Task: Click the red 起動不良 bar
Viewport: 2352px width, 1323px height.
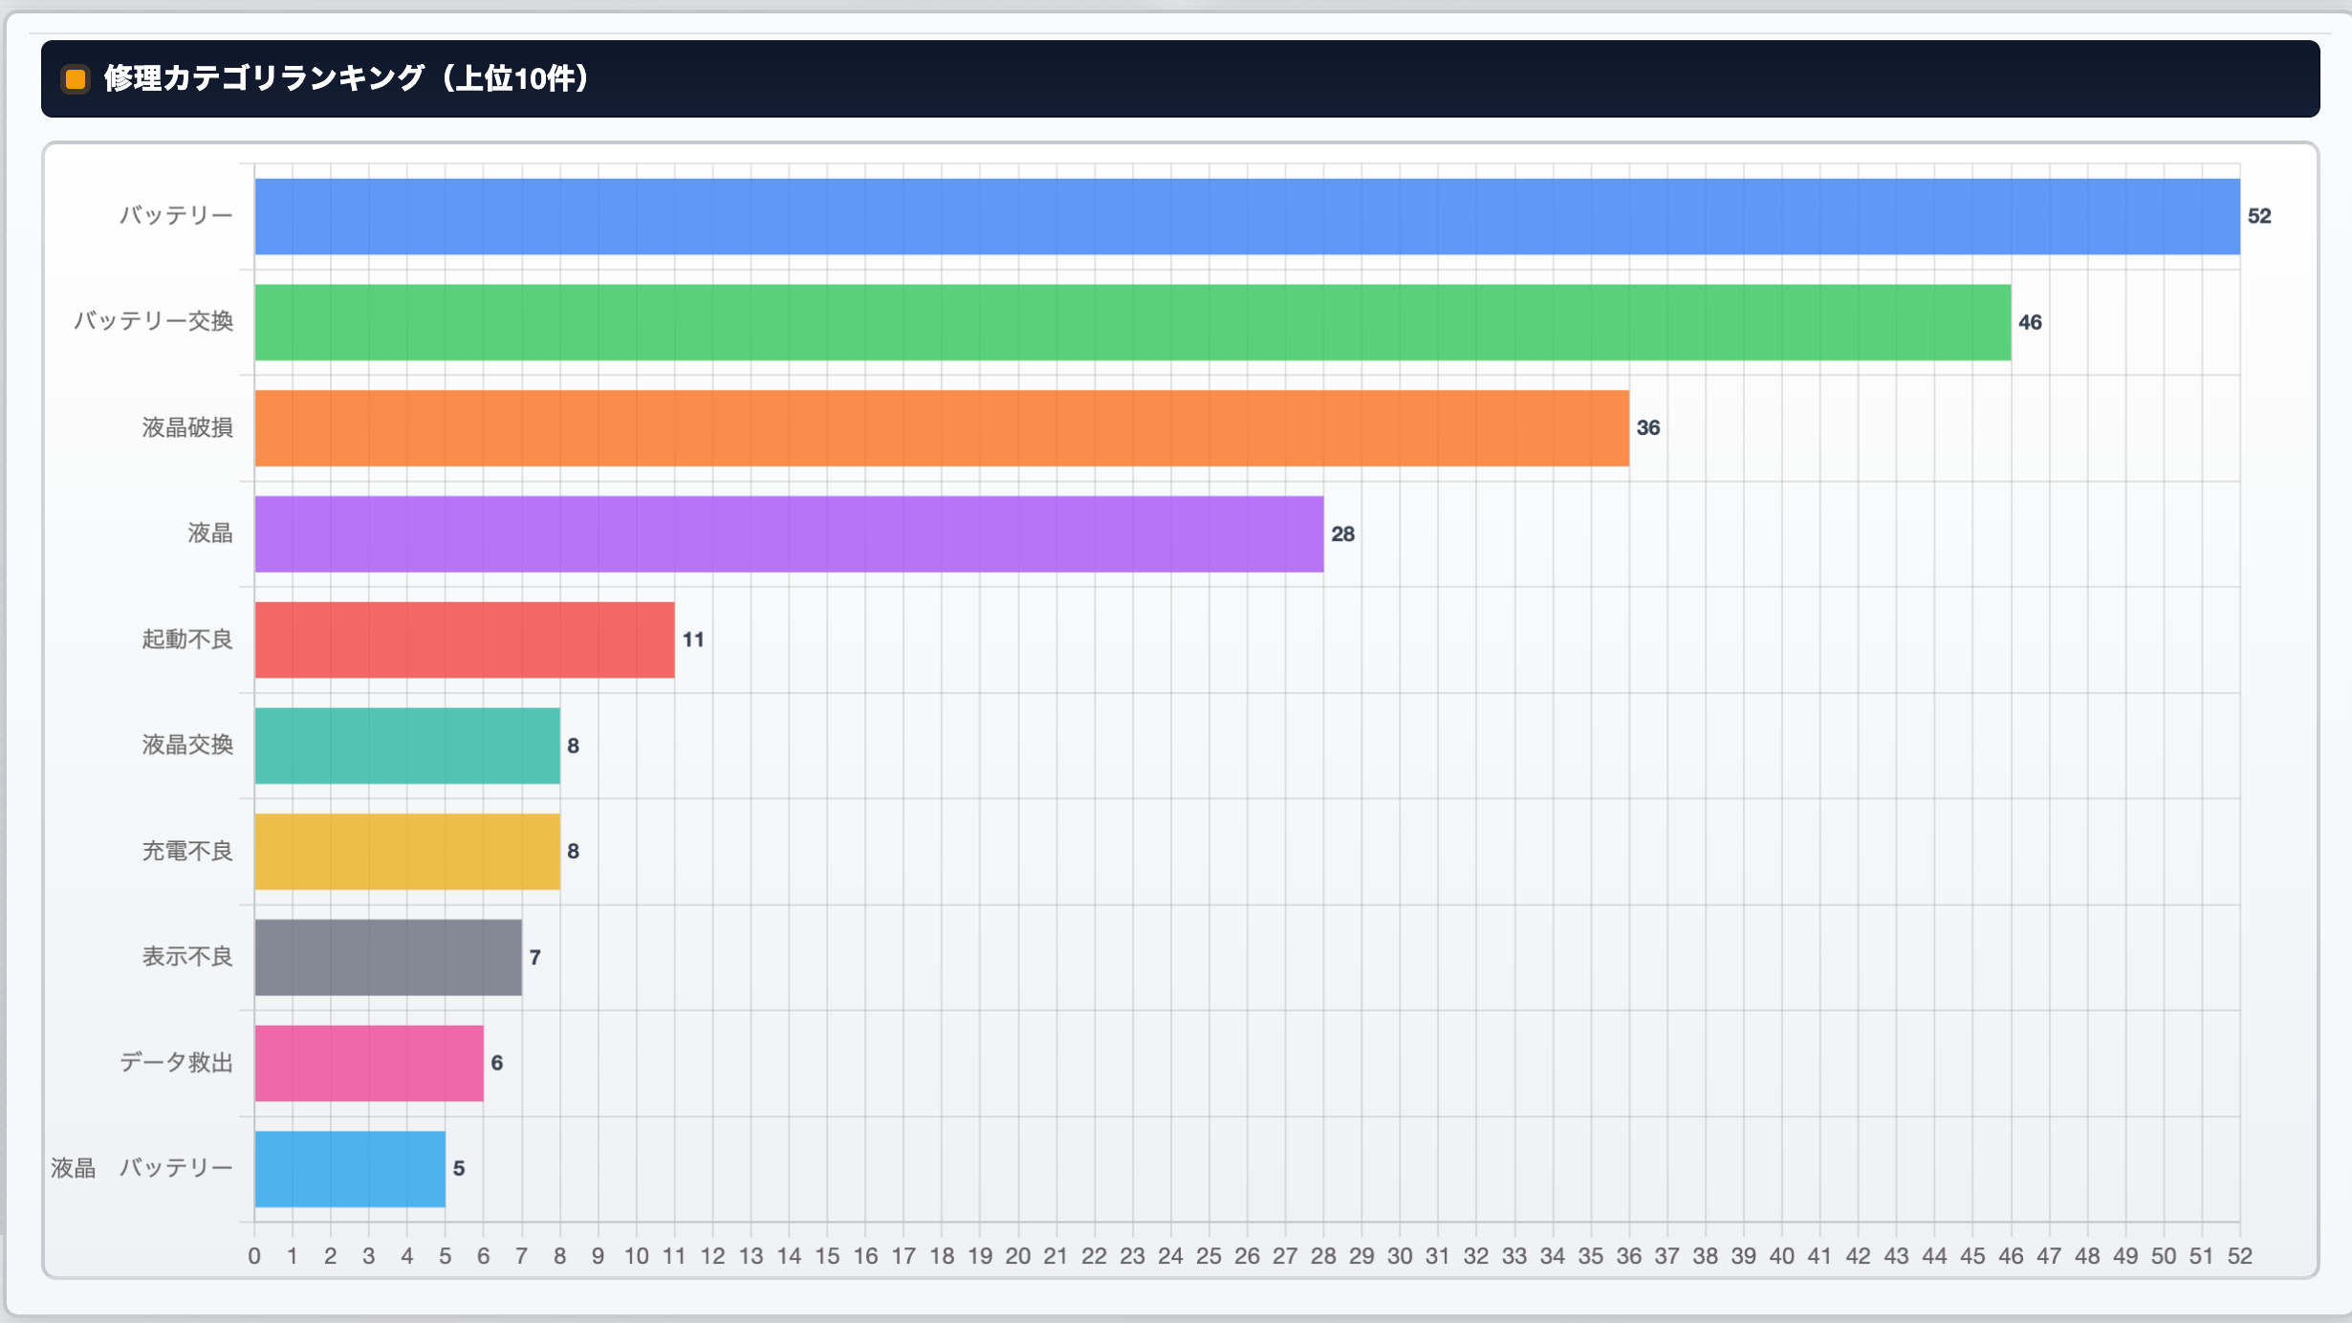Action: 465,640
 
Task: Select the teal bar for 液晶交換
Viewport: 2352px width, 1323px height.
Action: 407,746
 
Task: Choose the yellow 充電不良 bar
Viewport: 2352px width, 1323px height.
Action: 407,851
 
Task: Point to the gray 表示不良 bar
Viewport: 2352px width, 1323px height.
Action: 388,957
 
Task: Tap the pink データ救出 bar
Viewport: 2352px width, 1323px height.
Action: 369,1063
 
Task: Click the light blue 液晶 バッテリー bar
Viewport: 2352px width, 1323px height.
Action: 350,1168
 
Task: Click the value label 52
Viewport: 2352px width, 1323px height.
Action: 2259,216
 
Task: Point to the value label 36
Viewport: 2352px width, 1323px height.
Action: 1648,428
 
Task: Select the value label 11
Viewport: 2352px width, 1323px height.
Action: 693,640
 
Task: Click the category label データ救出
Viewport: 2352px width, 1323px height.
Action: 176,1063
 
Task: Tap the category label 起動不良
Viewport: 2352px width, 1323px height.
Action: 187,640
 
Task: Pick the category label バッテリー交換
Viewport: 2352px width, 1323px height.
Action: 154,322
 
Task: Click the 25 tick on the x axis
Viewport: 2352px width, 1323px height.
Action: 1209,1256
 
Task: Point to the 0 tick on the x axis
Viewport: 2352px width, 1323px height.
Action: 254,1256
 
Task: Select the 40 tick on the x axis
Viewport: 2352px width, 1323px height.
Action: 1781,1256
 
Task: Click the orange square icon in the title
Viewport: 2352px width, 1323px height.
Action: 76,78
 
